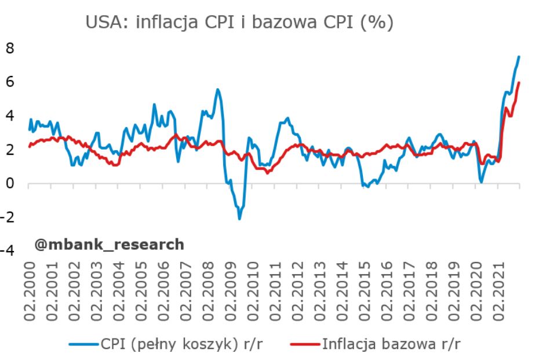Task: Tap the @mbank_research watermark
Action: coord(110,245)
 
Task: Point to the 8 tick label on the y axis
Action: coord(9,48)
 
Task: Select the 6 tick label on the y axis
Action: coord(9,82)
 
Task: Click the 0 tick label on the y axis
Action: coord(9,184)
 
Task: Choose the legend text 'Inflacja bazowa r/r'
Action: coord(392,344)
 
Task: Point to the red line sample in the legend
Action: coord(303,344)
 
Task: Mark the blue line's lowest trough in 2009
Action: coord(239,219)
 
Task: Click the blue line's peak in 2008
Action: coord(217,89)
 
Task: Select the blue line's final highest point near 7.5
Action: coord(519,56)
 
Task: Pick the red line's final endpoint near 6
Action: coord(519,83)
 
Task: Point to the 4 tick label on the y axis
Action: coord(9,116)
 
